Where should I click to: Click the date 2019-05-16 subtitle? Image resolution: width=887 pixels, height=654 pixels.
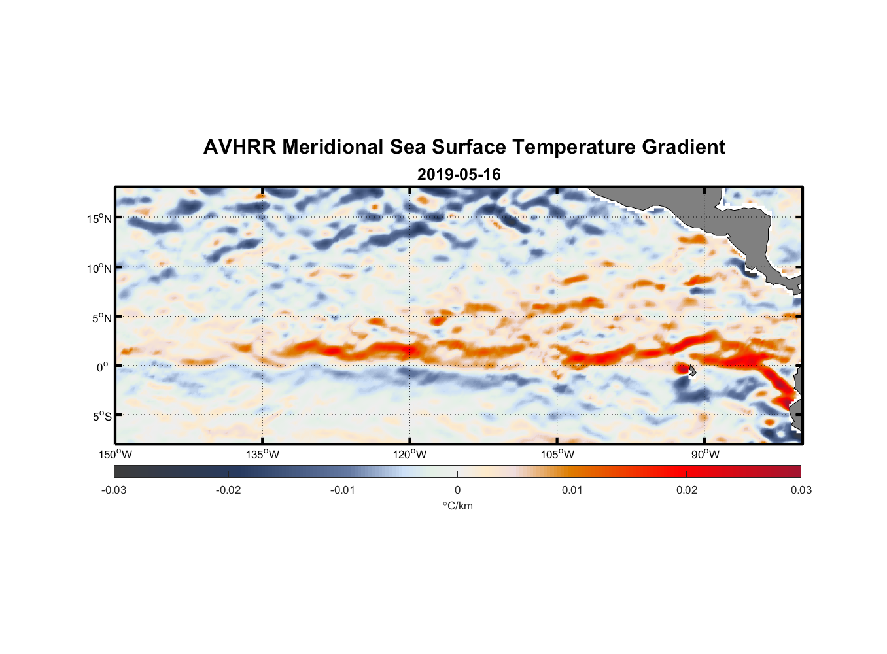pyautogui.click(x=459, y=175)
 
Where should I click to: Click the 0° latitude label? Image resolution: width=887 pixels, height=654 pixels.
pyautogui.click(x=103, y=368)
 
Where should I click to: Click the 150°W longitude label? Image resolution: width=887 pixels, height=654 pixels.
pyautogui.click(x=115, y=455)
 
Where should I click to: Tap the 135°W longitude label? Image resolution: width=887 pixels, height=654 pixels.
pyautogui.click(x=262, y=455)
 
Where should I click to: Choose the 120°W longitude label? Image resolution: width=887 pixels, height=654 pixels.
pyautogui.click(x=409, y=455)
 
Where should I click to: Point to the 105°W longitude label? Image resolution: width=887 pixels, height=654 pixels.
pyautogui.click(x=557, y=455)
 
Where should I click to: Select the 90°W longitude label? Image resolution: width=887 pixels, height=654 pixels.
pyautogui.click(x=705, y=455)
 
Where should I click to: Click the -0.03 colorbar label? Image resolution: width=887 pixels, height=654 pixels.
pyautogui.click(x=114, y=490)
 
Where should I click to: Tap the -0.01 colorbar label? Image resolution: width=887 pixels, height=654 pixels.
pyautogui.click(x=343, y=490)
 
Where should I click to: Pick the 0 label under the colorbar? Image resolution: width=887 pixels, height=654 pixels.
pyautogui.click(x=457, y=490)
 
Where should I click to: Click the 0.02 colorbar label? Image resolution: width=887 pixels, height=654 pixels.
pyautogui.click(x=687, y=490)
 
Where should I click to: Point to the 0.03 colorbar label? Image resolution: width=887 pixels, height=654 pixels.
pyautogui.click(x=801, y=490)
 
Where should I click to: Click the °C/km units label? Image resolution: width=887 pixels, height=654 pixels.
pyautogui.click(x=457, y=506)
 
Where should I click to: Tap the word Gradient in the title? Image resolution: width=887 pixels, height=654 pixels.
pyautogui.click(x=684, y=147)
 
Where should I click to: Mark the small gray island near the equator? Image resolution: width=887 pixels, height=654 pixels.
pyautogui.click(x=692, y=371)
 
